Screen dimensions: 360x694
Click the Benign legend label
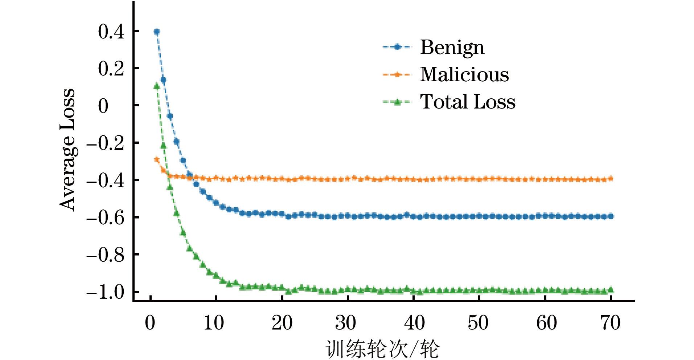[452, 48]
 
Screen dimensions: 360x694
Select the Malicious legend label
[464, 75]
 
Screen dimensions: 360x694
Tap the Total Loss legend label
[468, 102]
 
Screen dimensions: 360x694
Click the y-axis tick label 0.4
[111, 32]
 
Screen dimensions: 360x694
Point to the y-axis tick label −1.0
[105, 292]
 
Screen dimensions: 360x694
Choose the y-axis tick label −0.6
[105, 218]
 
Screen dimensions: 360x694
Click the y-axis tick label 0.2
[111, 69]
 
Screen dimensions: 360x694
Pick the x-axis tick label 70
[611, 323]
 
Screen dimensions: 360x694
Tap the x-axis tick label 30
[346, 323]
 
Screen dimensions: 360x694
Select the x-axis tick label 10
[214, 323]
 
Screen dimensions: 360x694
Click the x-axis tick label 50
[478, 323]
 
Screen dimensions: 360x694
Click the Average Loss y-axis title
[67, 150]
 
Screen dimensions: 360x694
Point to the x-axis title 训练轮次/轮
[382, 349]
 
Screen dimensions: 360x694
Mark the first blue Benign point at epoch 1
[157, 32]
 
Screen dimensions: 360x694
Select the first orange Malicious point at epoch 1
[157, 159]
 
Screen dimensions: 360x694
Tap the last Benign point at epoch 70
[611, 216]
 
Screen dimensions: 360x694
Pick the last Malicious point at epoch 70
[611, 179]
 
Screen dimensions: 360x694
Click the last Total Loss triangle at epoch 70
[611, 290]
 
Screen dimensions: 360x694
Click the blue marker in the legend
[397, 47]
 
